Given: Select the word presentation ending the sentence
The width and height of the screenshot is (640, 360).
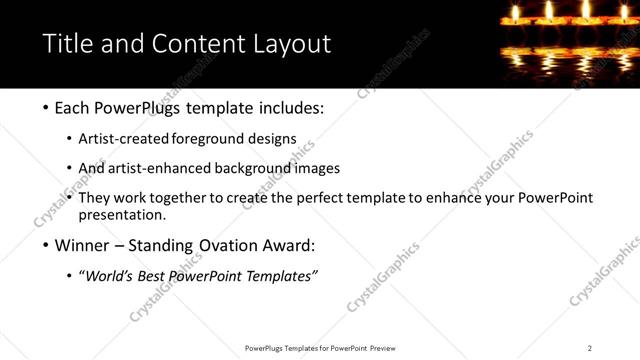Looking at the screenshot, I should [x=122, y=214].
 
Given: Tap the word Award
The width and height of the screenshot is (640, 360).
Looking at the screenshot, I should [x=293, y=245].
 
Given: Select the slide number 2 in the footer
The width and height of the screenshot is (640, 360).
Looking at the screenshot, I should [x=590, y=348].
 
